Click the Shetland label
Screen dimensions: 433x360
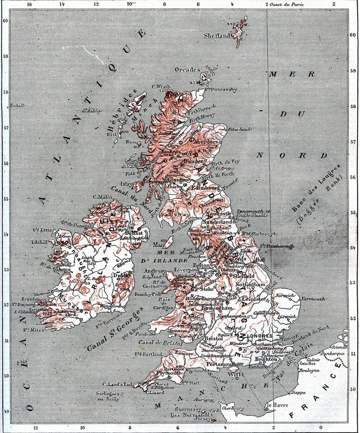(217, 36)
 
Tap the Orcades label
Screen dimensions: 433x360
(187, 70)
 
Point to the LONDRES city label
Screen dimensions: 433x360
(260, 336)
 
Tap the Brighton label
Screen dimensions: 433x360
(266, 359)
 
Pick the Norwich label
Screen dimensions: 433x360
(286, 295)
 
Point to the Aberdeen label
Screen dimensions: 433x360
(207, 142)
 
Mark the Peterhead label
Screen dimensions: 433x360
(239, 129)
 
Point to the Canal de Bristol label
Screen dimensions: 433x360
(161, 343)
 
